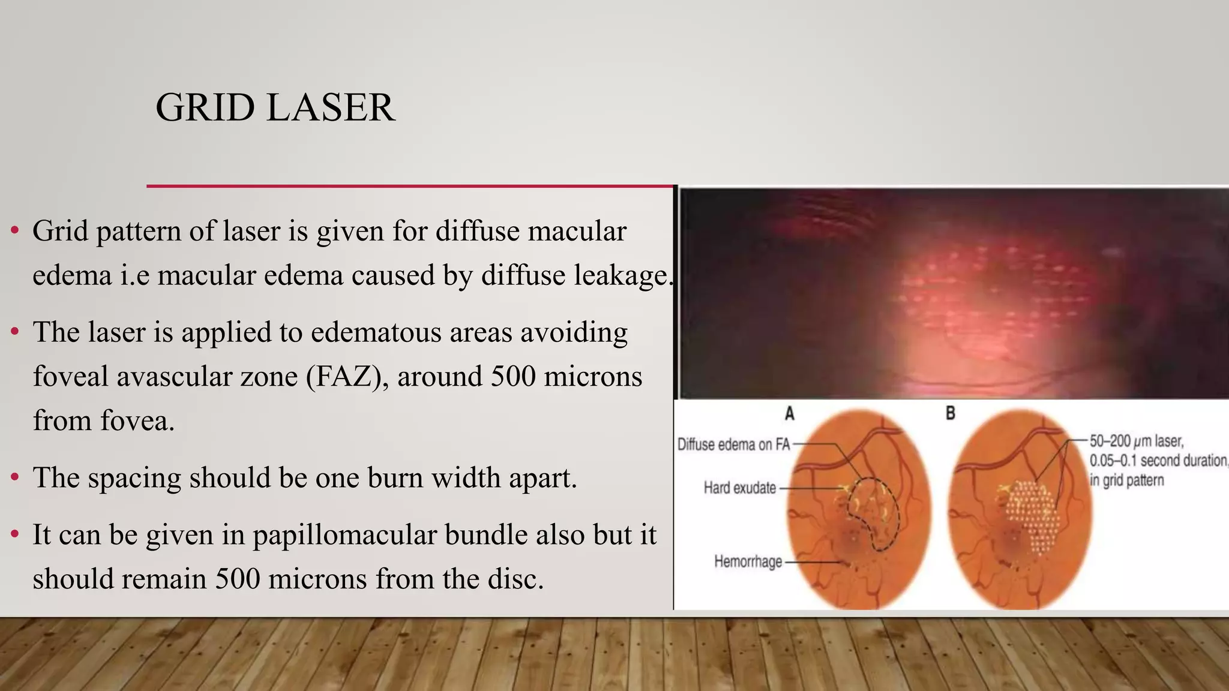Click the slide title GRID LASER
click(x=275, y=108)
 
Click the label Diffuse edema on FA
click(x=733, y=444)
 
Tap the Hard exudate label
click(x=739, y=488)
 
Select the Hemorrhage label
click(x=748, y=561)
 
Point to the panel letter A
click(x=790, y=413)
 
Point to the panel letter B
click(x=950, y=413)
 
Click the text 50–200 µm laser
click(x=1136, y=441)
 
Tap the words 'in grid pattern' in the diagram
click(x=1126, y=480)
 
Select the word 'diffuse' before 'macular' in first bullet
click(x=477, y=232)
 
